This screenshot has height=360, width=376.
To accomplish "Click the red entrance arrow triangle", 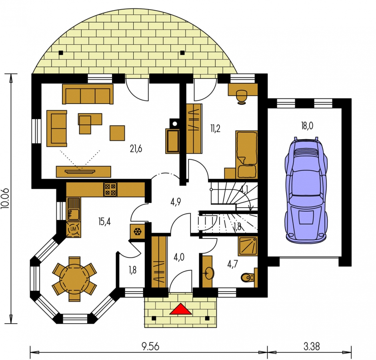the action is point(180,309).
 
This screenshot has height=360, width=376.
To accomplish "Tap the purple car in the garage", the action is point(306,190).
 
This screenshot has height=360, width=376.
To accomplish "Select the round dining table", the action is point(74,279).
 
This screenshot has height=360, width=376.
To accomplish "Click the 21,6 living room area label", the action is point(136,149).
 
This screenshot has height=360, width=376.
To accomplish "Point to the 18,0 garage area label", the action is point(307,126).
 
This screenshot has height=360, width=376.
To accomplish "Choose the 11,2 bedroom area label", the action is point(215,129).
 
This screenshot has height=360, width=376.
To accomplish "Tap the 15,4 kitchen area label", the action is point(104,221).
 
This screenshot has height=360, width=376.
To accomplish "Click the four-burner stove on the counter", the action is point(110,190).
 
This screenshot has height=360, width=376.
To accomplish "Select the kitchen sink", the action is point(73,209).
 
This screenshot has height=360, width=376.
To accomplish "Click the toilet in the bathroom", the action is point(249,278).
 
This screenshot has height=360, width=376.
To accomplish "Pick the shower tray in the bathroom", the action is point(248,246).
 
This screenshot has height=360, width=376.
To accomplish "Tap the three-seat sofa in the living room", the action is point(88,94).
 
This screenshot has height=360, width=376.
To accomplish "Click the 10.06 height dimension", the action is point(5,198).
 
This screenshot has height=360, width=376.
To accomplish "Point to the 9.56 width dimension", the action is point(150,346).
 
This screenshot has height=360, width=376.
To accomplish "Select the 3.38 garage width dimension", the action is point(312,346).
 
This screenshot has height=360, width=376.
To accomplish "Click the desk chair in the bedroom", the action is point(242,97).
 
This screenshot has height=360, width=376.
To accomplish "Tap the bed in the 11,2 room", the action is point(246,155).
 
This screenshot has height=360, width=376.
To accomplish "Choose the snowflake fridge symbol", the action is point(138,232).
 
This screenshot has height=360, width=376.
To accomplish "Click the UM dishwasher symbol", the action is point(73,229).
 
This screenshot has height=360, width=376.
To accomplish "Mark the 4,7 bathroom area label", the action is point(232,264).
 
